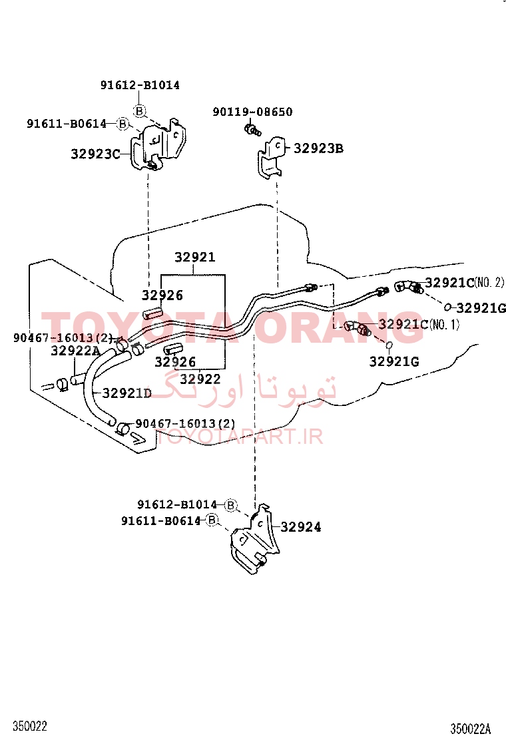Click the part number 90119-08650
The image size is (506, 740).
tap(252, 112)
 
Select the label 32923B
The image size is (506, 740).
tap(319, 148)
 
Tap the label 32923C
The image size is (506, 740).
tap(95, 154)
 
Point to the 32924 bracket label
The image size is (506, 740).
tap(301, 526)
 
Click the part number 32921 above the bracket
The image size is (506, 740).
tap(195, 258)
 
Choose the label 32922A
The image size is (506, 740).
tap(75, 351)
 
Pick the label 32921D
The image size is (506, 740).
tap(127, 393)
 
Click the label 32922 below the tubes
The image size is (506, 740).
tap(200, 379)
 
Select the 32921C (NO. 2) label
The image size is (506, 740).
tap(465, 283)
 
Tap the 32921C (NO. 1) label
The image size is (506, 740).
tap(419, 324)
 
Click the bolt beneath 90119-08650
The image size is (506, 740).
tap(252, 129)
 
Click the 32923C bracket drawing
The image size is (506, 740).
tap(158, 144)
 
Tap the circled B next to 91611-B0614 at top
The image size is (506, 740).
tap(123, 124)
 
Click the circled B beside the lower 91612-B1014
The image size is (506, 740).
tap(230, 505)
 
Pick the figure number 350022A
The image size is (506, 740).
tap(470, 729)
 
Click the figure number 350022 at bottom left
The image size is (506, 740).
tap(30, 726)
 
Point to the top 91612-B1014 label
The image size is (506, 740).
tap(140, 85)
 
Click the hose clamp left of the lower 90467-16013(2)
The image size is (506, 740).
tap(123, 429)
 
